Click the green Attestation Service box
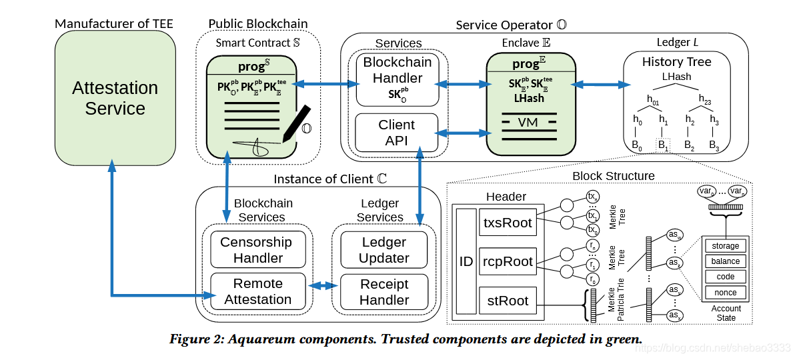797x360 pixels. (115, 98)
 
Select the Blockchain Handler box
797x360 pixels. (397, 79)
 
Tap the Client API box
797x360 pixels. (397, 132)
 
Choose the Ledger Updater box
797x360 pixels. (383, 250)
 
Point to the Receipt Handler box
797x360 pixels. (384, 291)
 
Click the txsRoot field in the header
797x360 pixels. (508, 223)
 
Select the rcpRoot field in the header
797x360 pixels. (508, 261)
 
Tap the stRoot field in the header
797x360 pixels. (508, 301)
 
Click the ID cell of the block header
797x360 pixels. (466, 261)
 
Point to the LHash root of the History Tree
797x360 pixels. (676, 77)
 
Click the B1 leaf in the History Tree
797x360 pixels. (662, 145)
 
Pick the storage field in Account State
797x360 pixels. (725, 246)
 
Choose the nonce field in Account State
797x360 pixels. (725, 292)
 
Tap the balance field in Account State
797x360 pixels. (725, 261)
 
